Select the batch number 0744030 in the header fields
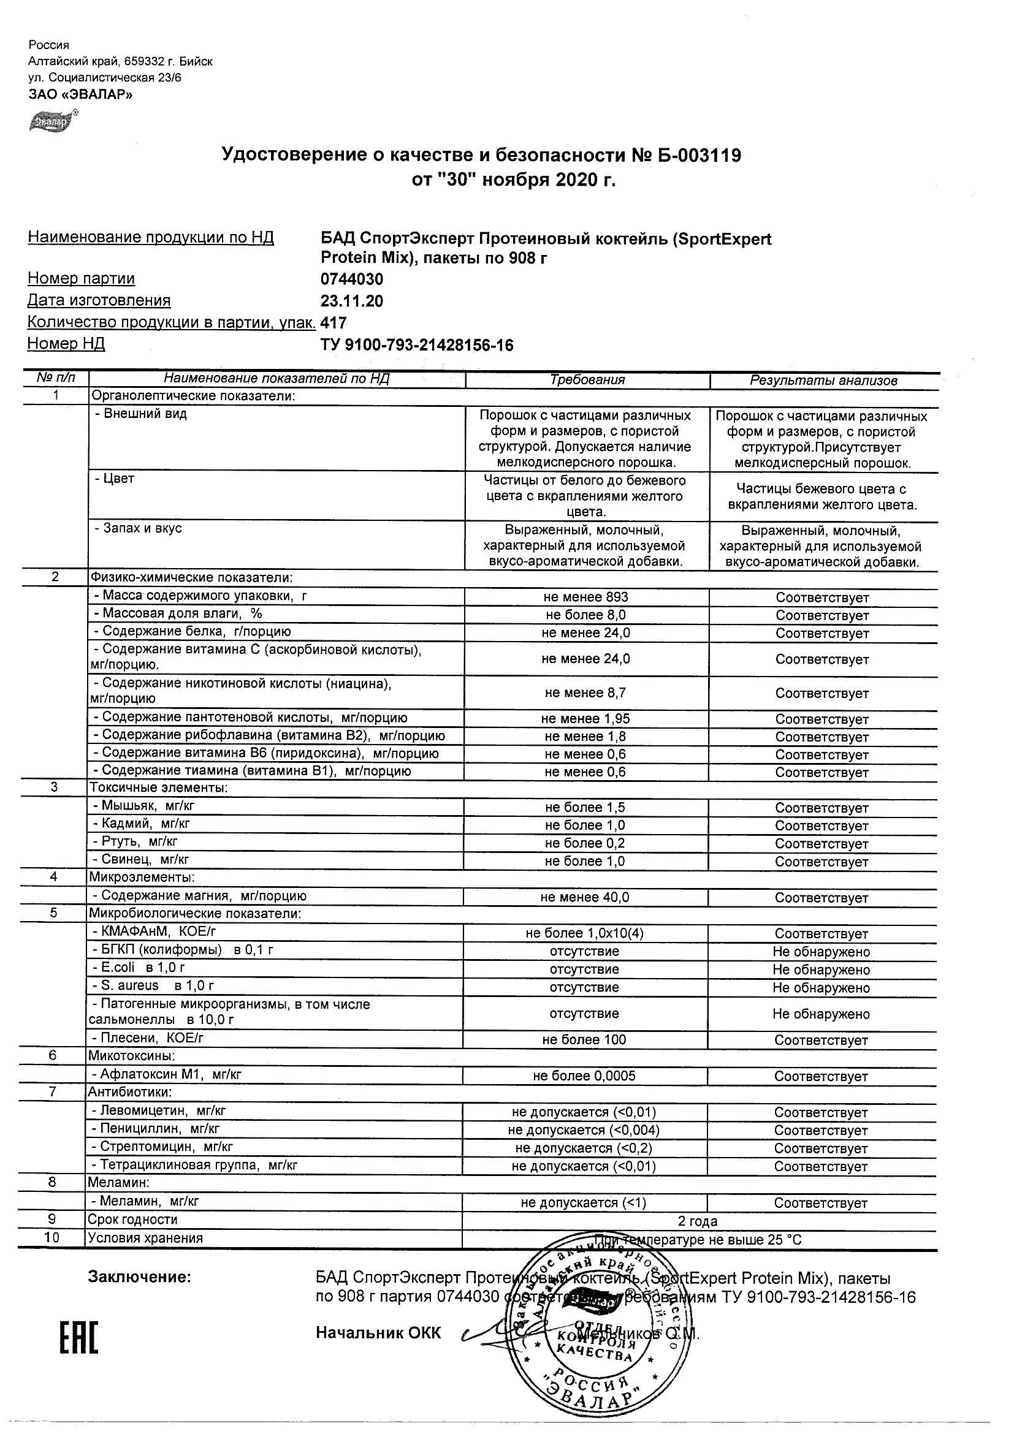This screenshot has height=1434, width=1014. coord(352,279)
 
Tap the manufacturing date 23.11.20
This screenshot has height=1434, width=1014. coord(352,301)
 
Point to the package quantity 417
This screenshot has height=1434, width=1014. coord(333,322)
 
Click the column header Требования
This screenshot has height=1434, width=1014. coord(587,380)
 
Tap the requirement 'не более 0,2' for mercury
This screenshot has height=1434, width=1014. coord(585,843)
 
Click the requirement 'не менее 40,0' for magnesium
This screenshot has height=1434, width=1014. coord(585,898)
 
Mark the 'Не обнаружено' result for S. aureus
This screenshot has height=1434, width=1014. coord(821,987)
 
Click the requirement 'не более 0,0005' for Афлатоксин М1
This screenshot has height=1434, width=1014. coord(584,1076)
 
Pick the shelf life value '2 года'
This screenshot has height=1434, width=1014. coord(697,1221)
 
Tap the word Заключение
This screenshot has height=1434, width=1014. coord(139,1277)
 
